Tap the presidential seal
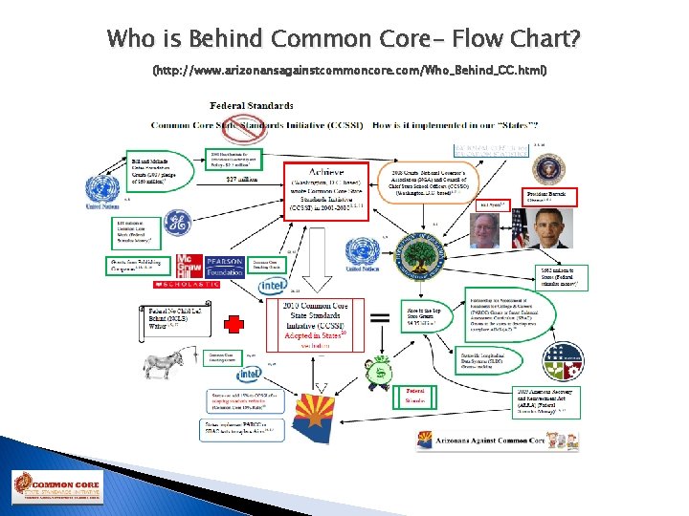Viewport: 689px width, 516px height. [x=544, y=168]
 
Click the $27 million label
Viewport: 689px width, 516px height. [x=240, y=178]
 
